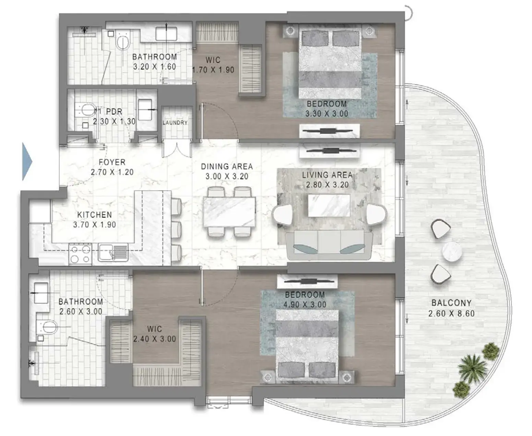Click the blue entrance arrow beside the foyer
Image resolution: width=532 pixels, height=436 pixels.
pyautogui.click(x=27, y=161)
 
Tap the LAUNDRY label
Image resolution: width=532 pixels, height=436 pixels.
pyautogui.click(x=175, y=123)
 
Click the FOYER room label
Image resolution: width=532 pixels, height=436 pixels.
pyautogui.click(x=112, y=162)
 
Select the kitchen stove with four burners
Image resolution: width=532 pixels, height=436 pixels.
pyautogui.click(x=81, y=254)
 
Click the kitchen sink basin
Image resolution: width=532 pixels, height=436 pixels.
pyautogui.click(x=113, y=252)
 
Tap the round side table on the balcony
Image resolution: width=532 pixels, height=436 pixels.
pyautogui.click(x=452, y=252)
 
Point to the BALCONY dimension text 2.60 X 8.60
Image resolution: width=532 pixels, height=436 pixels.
pyautogui.click(x=451, y=314)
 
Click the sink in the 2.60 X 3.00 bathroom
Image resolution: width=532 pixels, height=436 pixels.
pyautogui.click(x=40, y=293)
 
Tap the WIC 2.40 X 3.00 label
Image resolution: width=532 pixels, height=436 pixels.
pyautogui.click(x=154, y=334)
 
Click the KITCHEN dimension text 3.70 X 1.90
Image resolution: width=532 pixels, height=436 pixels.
pyautogui.click(x=95, y=225)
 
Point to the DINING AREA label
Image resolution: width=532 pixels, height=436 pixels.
pyautogui.click(x=227, y=167)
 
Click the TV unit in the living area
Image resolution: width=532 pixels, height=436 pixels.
pyautogui.click(x=329, y=151)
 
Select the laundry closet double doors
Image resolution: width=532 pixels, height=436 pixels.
pyautogui.click(x=177, y=149)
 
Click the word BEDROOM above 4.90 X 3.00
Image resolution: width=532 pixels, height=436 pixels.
pyautogui.click(x=305, y=295)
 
